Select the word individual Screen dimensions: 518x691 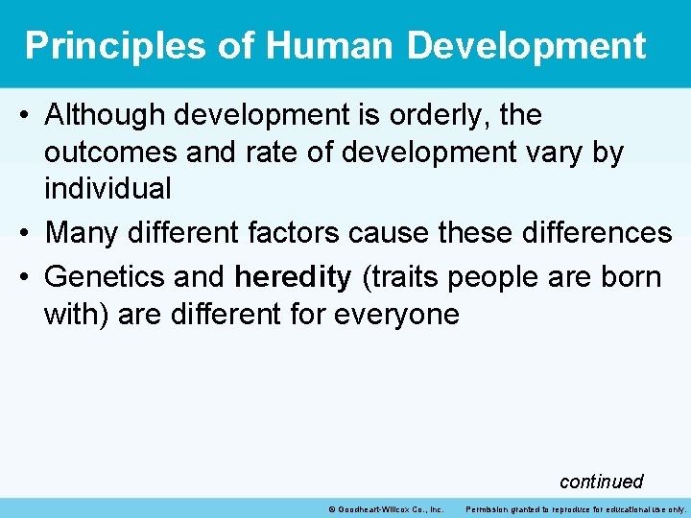click(x=107, y=188)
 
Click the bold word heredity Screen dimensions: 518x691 click(x=293, y=277)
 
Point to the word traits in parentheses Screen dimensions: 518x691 click(x=395, y=277)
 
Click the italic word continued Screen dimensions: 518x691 click(x=601, y=481)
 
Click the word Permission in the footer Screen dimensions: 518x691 click(x=490, y=509)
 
